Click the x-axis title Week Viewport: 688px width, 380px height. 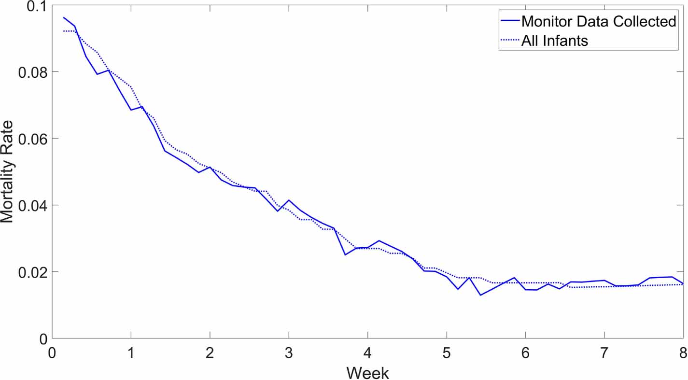[367, 372]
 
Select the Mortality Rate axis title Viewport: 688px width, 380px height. [9, 172]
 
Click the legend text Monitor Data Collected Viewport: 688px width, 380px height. [599, 21]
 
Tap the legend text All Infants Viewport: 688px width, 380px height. [555, 41]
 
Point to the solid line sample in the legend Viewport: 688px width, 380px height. [510, 21]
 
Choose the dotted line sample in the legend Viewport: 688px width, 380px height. [510, 41]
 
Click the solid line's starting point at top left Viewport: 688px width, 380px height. [64, 17]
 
